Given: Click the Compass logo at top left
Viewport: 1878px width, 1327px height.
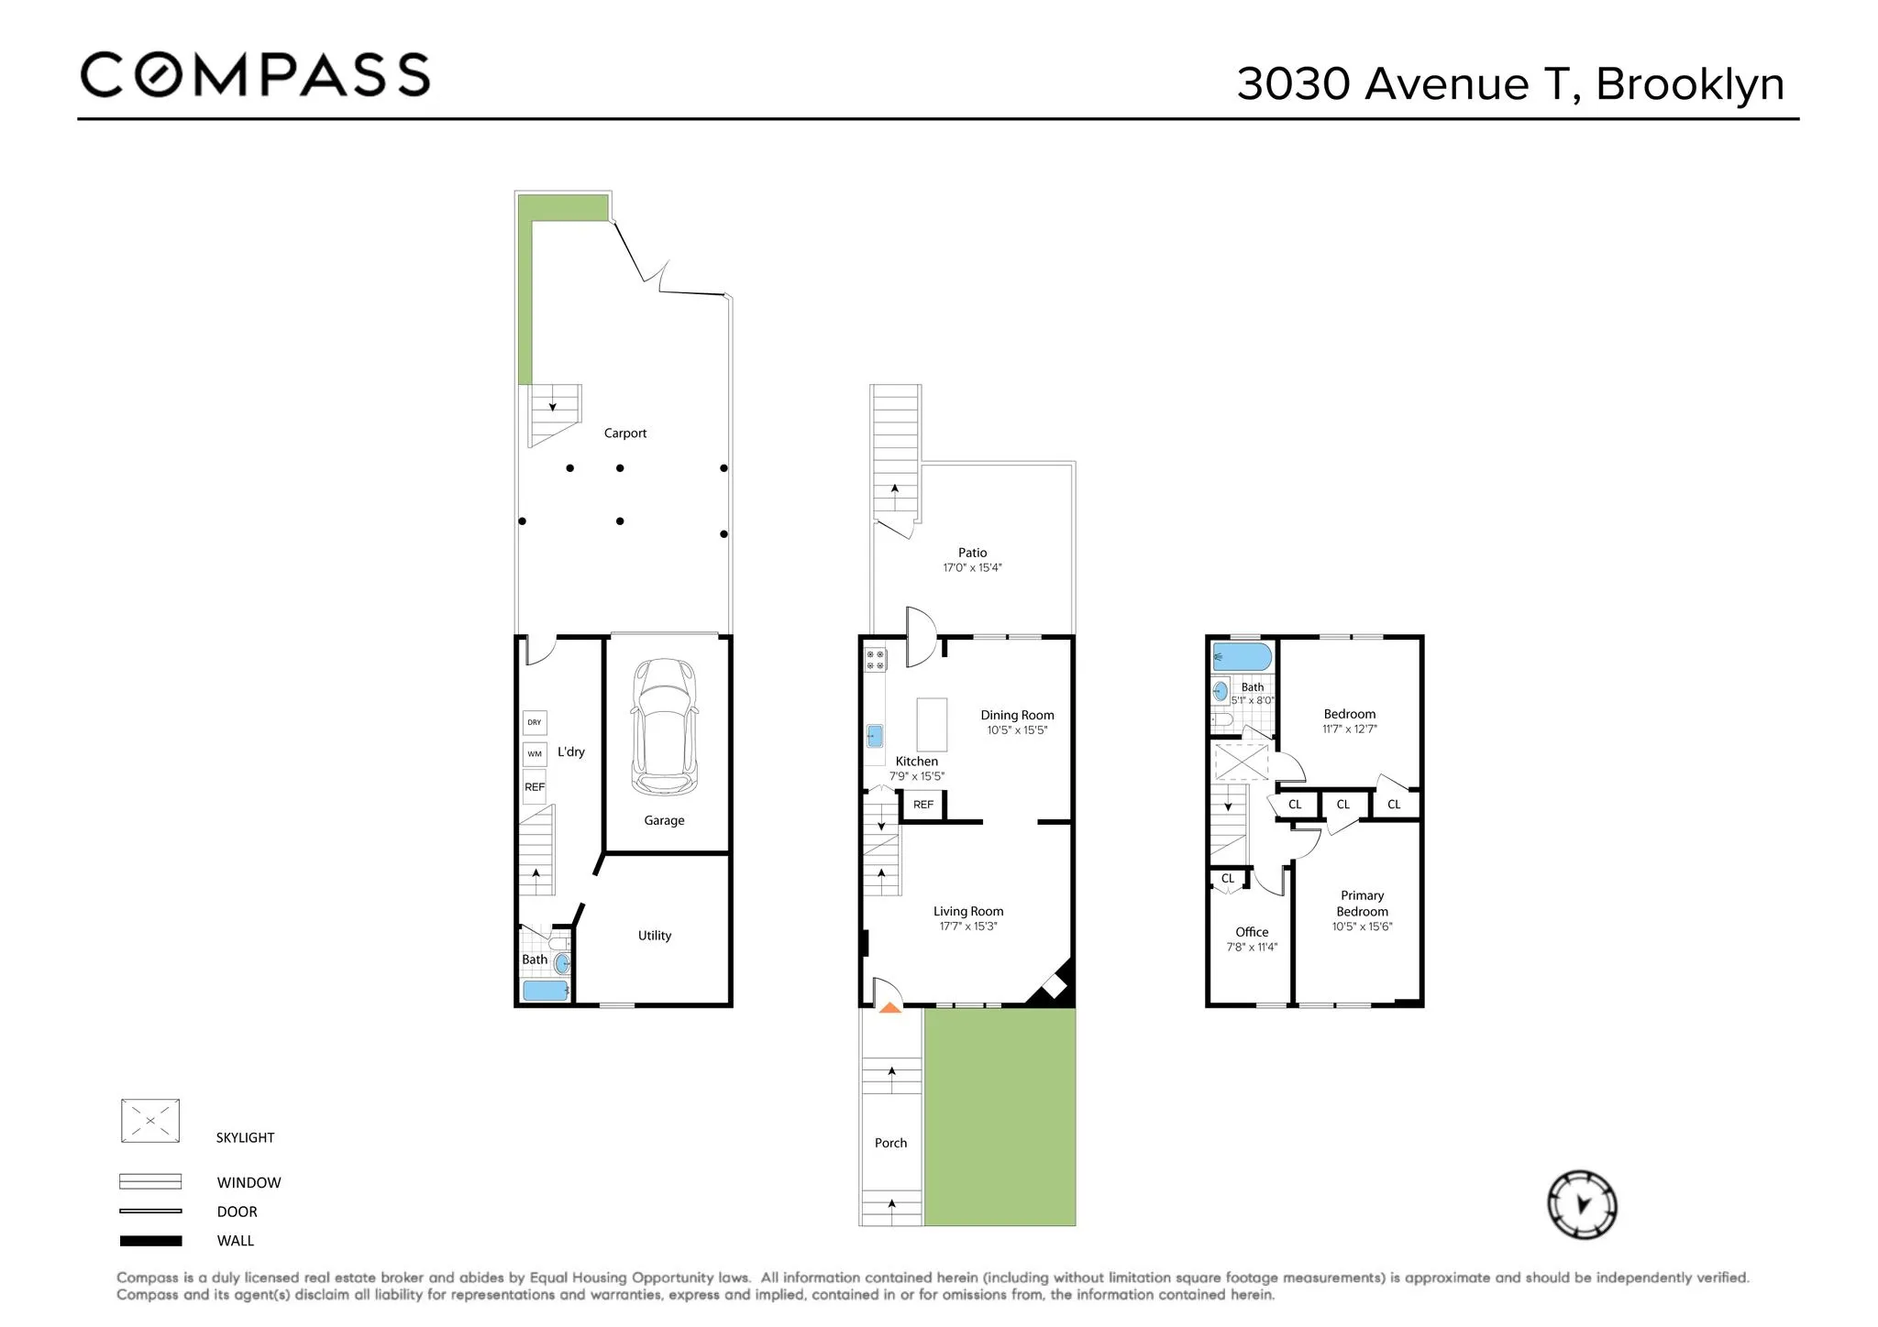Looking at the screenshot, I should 255,75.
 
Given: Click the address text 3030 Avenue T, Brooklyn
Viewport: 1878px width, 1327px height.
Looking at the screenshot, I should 1509,84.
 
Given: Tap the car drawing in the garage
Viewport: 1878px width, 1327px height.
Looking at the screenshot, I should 664,726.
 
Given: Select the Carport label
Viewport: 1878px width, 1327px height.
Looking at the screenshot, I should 624,433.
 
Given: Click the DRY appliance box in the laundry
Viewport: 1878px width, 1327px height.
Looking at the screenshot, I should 535,722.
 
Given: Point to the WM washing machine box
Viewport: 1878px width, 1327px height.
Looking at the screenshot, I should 535,754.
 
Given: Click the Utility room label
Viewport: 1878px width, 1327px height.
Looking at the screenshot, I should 655,936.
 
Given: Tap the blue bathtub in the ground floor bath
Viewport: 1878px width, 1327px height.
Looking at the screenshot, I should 545,991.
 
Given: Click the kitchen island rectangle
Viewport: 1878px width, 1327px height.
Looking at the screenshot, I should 932,724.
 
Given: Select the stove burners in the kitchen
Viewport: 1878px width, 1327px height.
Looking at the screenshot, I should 875,659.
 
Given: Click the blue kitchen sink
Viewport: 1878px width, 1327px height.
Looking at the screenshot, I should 875,735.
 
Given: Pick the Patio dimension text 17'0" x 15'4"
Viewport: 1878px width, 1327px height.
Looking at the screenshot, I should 972,568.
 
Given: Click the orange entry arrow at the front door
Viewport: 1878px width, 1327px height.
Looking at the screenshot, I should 889,1007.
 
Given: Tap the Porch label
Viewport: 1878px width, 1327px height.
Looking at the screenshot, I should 890,1143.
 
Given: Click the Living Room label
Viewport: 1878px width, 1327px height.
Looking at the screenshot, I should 968,911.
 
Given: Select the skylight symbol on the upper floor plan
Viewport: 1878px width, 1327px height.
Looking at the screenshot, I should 1241,762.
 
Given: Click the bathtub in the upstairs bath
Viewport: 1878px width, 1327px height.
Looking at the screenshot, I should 1242,657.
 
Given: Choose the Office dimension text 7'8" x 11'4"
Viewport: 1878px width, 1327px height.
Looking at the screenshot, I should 1252,948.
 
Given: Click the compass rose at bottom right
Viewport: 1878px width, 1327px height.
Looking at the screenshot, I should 1582,1204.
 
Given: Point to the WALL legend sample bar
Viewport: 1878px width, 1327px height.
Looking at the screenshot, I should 150,1241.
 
